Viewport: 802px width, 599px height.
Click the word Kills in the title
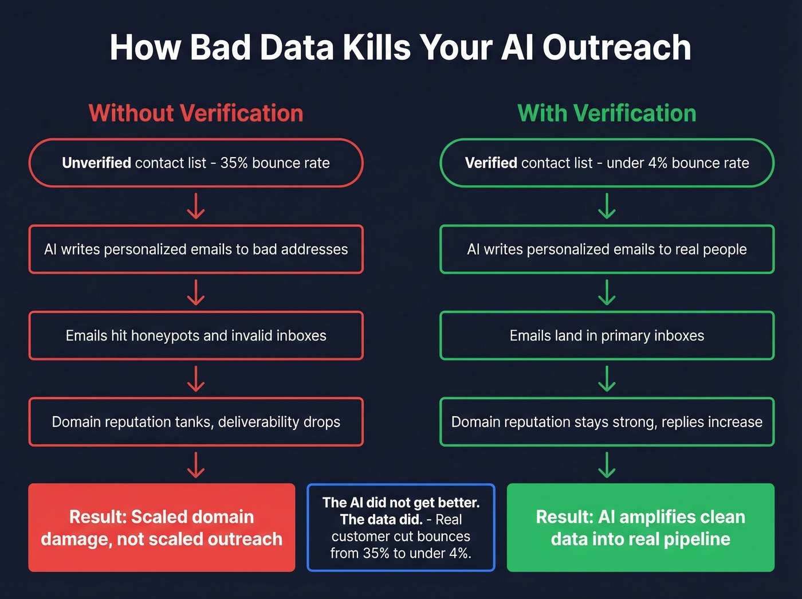point(376,47)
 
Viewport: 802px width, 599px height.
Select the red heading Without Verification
point(196,113)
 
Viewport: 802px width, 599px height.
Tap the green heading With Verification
point(607,113)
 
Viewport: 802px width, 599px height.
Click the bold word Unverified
point(96,163)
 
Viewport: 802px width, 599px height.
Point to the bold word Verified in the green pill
point(491,163)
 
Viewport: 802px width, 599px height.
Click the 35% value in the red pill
point(234,163)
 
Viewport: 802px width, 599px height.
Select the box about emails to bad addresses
point(196,249)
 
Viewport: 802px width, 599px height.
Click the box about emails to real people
point(607,249)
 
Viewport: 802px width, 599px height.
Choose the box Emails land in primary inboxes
point(607,335)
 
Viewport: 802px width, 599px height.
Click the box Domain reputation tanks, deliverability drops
point(196,422)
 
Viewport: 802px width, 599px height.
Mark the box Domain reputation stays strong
point(607,422)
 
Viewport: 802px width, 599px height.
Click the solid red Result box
point(162,527)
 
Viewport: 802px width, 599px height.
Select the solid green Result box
point(640,527)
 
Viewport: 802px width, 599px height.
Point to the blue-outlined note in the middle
point(401,527)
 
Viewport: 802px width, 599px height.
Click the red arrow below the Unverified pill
point(196,206)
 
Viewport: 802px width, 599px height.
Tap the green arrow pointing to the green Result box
point(607,464)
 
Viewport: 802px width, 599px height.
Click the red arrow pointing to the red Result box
point(196,464)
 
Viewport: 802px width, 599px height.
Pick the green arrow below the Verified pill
point(607,206)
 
